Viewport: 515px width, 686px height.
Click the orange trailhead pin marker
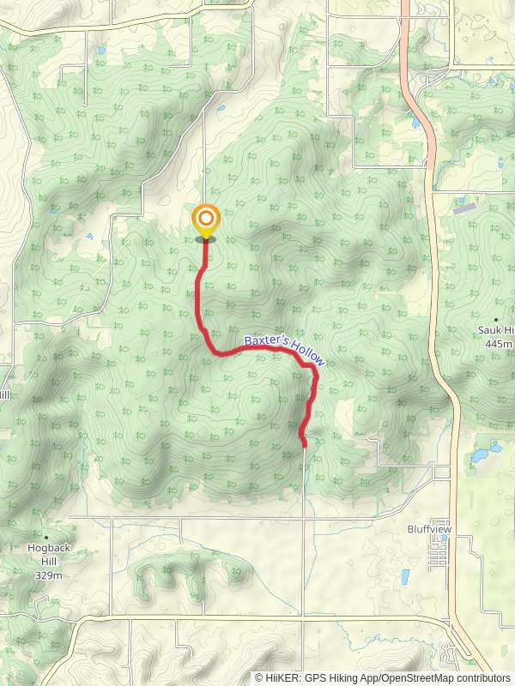(205, 220)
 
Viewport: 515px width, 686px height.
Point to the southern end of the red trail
(305, 444)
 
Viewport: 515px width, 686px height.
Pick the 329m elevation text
(48, 575)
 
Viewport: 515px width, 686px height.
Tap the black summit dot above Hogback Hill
(47, 539)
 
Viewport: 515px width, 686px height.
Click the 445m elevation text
(498, 343)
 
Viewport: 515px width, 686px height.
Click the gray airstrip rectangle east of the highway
(464, 208)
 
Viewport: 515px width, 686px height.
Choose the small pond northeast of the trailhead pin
(221, 109)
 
